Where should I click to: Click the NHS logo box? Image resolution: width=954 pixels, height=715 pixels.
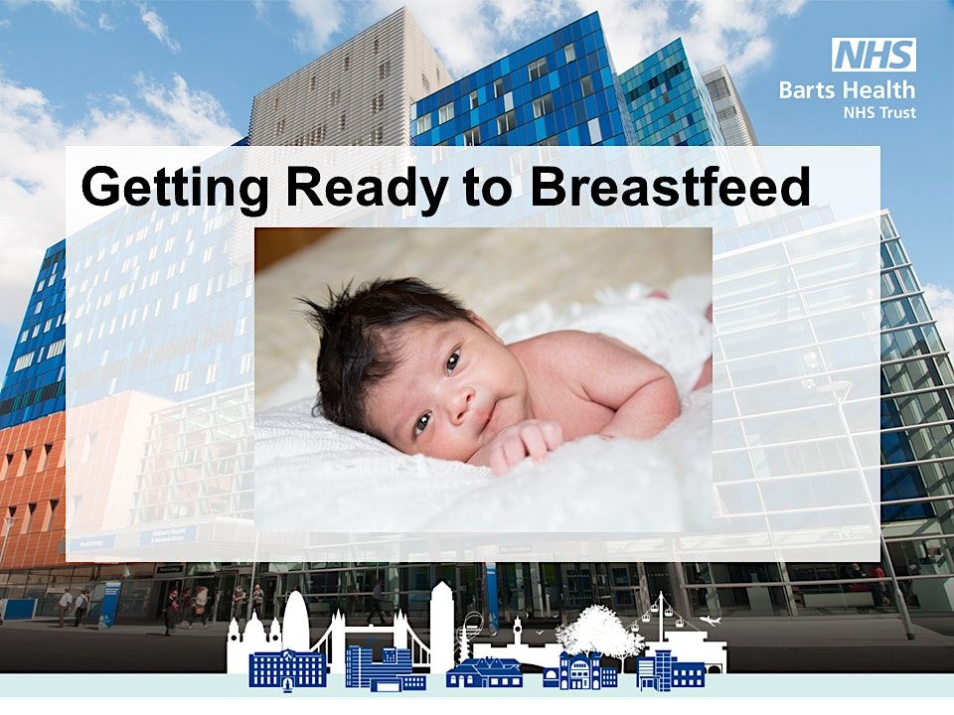tap(874, 55)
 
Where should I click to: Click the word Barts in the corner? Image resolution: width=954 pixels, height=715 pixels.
tap(804, 90)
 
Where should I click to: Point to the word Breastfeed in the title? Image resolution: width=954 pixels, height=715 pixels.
tap(671, 188)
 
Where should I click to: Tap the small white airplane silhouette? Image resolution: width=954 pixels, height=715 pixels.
tap(710, 621)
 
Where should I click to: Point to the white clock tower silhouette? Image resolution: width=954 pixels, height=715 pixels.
tap(517, 631)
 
